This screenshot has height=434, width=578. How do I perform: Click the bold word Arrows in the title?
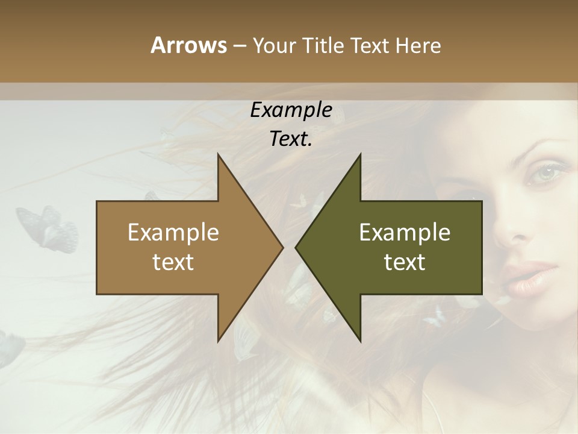coord(188,45)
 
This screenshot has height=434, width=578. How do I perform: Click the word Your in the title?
coord(275,45)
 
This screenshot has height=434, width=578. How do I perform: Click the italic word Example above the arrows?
coord(291,110)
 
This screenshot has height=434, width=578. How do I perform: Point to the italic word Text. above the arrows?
coord(291,139)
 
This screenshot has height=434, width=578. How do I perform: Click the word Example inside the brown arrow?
coord(173,232)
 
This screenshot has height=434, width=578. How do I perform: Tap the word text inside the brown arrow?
coord(173,262)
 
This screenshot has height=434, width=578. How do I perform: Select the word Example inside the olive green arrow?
coord(405,232)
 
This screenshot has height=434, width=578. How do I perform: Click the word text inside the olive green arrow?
coord(405,262)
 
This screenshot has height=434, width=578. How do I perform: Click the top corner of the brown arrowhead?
coord(218,154)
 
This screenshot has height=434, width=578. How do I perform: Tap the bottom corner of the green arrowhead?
coord(360,341)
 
